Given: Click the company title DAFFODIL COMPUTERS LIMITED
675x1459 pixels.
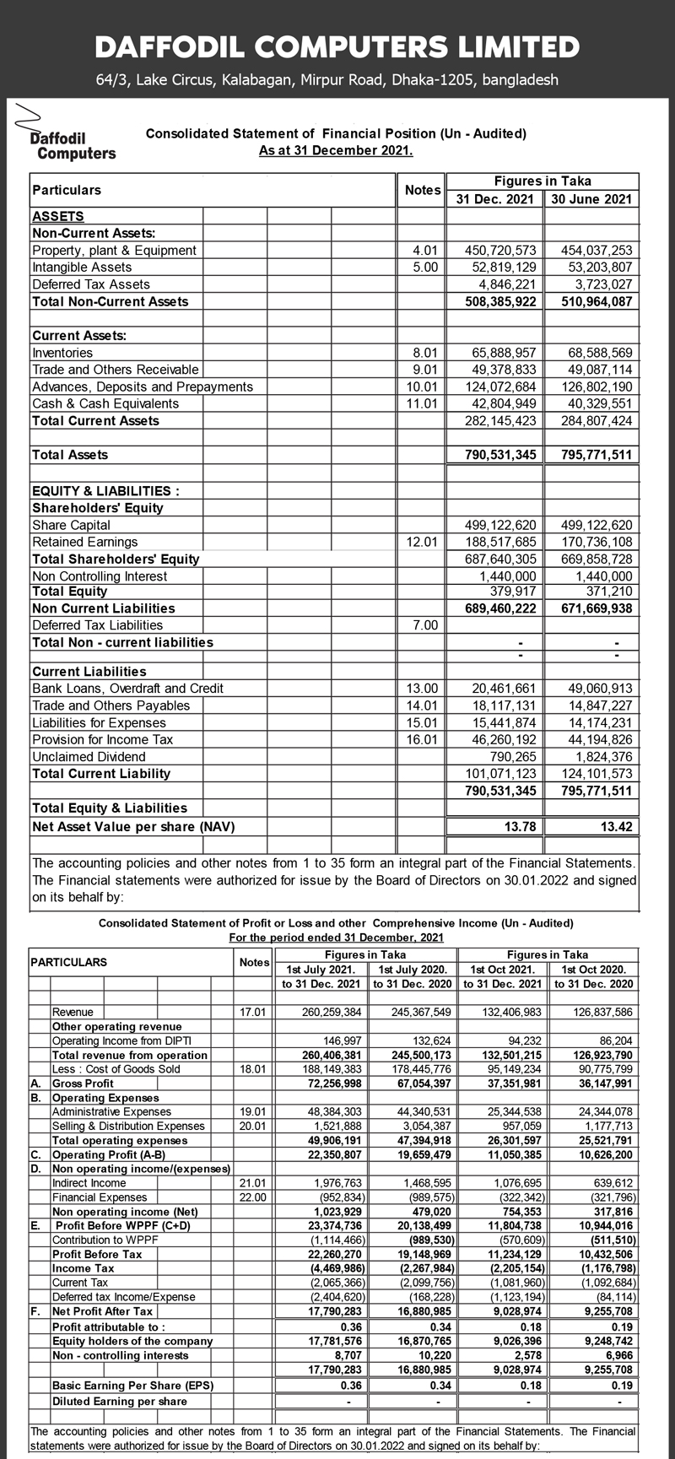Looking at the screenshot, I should [337, 46].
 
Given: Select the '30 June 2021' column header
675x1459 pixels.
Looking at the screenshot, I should [591, 199].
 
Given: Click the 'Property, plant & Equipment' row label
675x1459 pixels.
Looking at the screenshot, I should [114, 250].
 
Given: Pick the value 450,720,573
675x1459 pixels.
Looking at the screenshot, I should [501, 250].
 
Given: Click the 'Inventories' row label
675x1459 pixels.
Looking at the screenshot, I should [62, 353].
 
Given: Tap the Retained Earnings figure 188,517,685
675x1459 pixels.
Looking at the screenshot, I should [501, 542].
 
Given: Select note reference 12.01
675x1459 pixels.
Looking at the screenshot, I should [423, 542].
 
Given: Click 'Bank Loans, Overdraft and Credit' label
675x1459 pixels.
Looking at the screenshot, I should [127, 689].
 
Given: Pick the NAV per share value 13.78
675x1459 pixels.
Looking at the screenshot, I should [520, 827].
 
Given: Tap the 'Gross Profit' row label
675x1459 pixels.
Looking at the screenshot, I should [83, 1083].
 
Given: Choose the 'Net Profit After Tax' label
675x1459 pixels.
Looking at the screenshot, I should [103, 1311].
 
